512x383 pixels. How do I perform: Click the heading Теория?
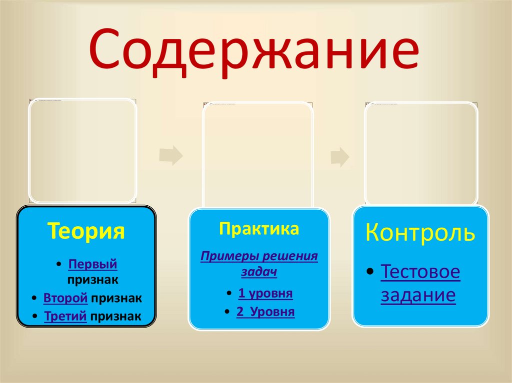coord(86,232)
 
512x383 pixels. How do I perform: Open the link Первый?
coord(92,263)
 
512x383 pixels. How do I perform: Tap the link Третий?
coord(65,316)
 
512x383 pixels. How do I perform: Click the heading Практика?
coord(258,229)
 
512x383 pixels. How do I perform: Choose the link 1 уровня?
coord(265,293)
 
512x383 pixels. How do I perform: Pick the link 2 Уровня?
coord(265,312)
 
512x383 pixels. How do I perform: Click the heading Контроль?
coord(420,233)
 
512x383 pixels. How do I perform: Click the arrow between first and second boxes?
coord(171,156)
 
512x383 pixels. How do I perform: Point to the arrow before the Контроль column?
coord(340,156)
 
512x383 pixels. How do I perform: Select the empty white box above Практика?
coord(258,155)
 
